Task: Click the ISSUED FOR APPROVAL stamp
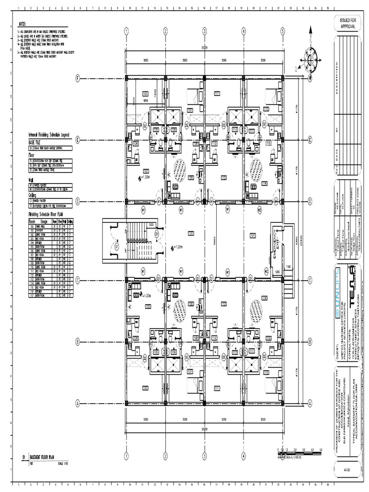[x=348, y=24]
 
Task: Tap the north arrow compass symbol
[x=310, y=60]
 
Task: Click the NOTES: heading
[x=23, y=24]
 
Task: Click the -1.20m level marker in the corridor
[x=178, y=248]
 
